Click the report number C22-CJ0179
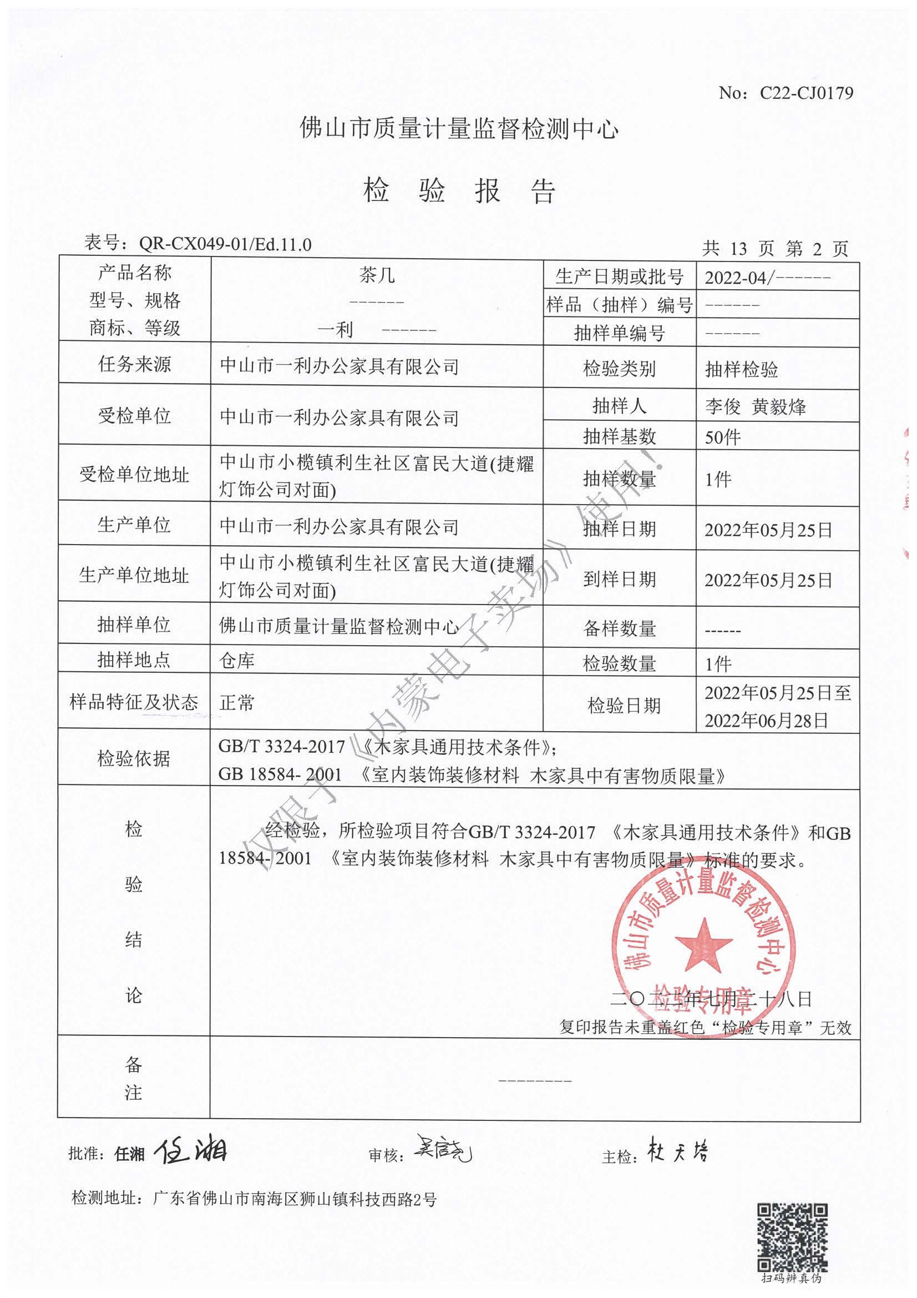[805, 93]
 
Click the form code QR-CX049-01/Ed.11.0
[225, 244]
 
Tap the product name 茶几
[377, 276]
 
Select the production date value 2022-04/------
[767, 278]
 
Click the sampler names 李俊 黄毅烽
[756, 406]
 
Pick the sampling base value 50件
[723, 437]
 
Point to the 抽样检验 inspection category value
[741, 370]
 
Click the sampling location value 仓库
[237, 660]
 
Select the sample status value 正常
[237, 703]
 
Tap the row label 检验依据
[134, 758]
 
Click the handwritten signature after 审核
[444, 1148]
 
